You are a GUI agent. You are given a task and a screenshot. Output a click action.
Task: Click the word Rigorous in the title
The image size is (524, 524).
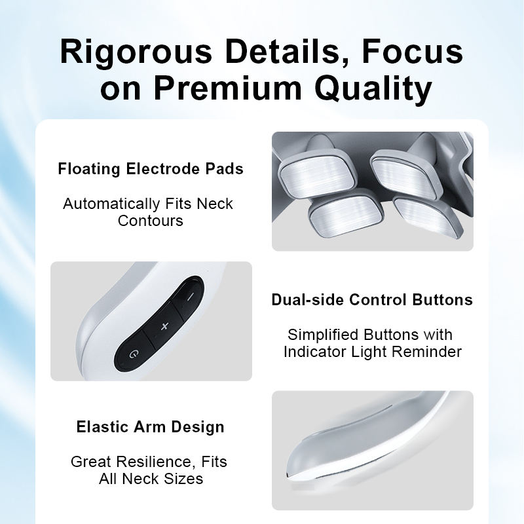[136, 52]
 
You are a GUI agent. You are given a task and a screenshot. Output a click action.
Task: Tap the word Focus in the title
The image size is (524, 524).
[413, 51]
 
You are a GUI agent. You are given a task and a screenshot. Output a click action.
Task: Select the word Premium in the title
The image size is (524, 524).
[228, 88]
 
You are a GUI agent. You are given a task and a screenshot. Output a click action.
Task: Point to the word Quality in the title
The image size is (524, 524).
[373, 89]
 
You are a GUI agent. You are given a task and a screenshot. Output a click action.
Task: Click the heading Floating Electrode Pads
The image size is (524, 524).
[151, 168]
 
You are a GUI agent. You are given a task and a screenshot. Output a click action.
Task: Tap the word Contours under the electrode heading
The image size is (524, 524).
[151, 221]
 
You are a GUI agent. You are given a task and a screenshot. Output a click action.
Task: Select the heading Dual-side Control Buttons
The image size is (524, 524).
[372, 299]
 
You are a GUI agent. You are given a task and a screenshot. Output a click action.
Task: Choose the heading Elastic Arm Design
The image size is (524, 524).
[151, 427]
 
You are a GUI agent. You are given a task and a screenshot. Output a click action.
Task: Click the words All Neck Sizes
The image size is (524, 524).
[151, 479]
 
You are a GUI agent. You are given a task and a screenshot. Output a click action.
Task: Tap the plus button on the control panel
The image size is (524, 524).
[164, 326]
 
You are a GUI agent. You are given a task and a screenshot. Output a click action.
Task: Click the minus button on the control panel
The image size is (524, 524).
[190, 297]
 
